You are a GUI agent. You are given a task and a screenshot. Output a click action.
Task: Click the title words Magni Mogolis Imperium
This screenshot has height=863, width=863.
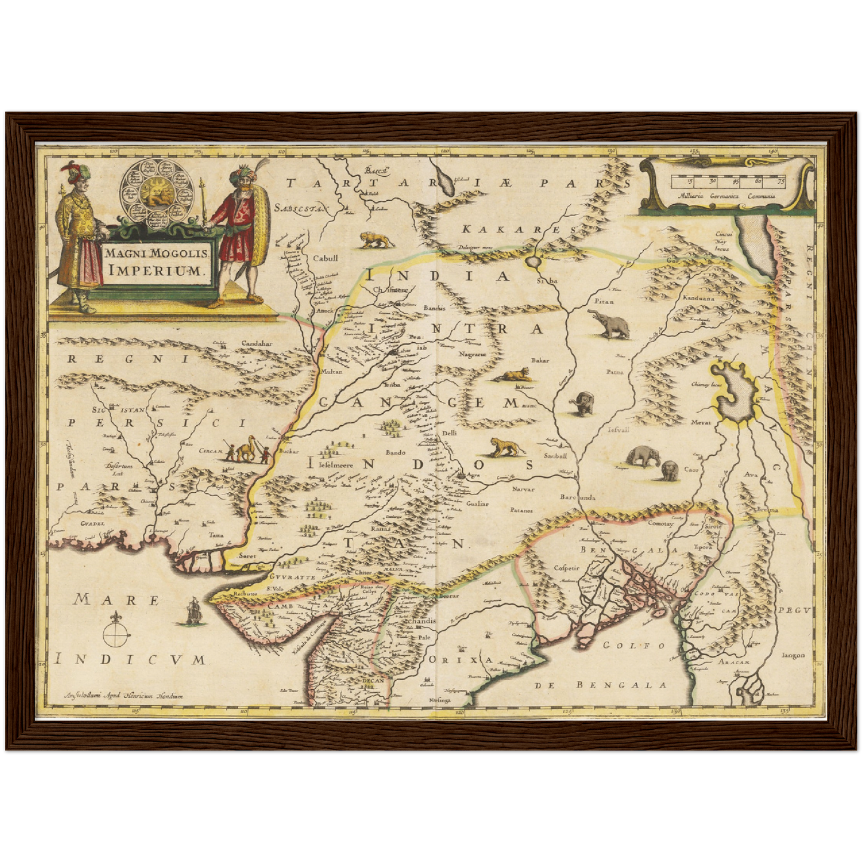(x=157, y=261)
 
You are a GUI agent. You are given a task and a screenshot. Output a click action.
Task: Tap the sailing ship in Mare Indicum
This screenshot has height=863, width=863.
(x=192, y=610)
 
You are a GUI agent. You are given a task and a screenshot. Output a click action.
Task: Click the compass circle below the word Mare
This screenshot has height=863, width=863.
(x=116, y=634)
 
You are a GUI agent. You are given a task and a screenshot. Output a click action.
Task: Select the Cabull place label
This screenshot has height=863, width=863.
(x=325, y=259)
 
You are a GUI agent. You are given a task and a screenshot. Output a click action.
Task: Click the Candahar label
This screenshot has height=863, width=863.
(x=256, y=344)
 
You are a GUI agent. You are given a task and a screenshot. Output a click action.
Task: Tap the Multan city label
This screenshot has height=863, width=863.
(x=331, y=371)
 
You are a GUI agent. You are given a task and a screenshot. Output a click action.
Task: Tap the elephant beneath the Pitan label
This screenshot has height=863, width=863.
(x=611, y=325)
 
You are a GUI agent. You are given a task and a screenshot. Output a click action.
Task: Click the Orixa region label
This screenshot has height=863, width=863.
(x=461, y=660)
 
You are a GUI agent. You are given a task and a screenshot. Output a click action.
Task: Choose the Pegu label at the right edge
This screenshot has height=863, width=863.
(x=794, y=610)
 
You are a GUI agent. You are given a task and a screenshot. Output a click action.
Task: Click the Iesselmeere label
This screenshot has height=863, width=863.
(x=330, y=464)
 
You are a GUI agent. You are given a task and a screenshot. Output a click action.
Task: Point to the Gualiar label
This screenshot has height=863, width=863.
(x=477, y=503)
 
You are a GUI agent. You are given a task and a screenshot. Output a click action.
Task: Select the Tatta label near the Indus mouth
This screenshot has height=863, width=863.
(x=216, y=535)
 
